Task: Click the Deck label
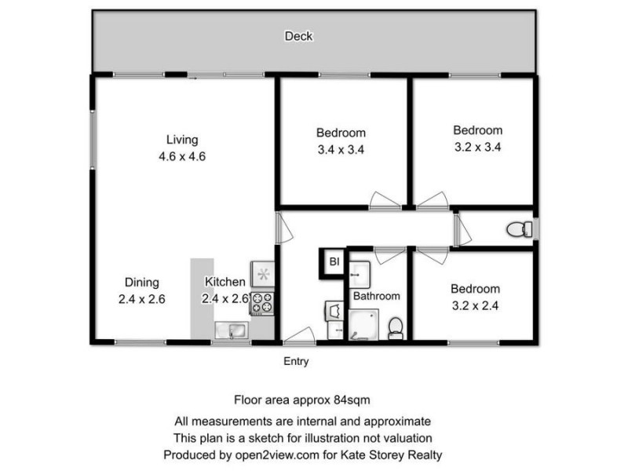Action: click(x=299, y=36)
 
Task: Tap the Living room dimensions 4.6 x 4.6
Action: click(x=181, y=155)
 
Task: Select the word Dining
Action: click(x=142, y=283)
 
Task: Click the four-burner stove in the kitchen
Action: click(x=261, y=302)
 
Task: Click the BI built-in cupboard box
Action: click(x=333, y=261)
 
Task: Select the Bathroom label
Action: click(x=376, y=296)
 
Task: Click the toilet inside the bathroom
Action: click(x=396, y=326)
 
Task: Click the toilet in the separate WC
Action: click(x=517, y=229)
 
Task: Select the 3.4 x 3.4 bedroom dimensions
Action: click(x=341, y=148)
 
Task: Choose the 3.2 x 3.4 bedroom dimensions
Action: click(x=478, y=146)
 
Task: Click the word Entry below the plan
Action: click(x=296, y=362)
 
